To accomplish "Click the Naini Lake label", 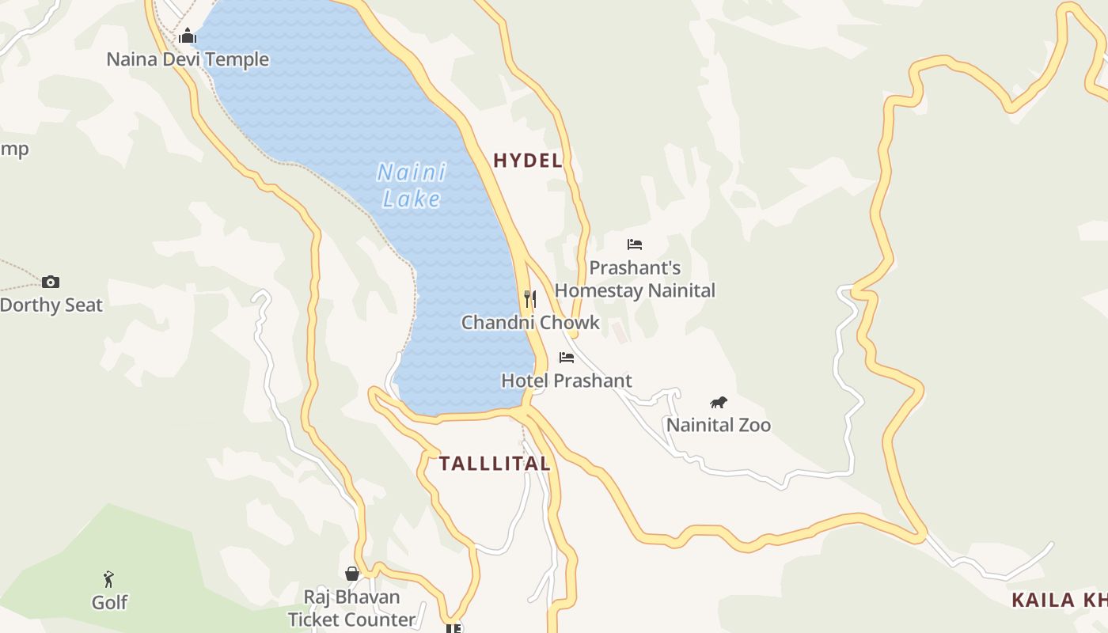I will pos(412,185).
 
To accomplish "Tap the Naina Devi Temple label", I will pos(188,59).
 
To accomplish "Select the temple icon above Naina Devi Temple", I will pos(188,36).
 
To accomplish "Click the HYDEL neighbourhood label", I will pos(527,161).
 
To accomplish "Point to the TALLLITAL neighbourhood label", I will pos(495,464).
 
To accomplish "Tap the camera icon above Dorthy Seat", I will pos(51,282).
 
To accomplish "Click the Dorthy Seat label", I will pos(51,305).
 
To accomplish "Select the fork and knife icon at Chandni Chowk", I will pos(530,299).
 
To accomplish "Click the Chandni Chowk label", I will pos(530,323).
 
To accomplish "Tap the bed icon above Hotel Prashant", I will pos(567,358).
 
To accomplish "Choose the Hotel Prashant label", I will pos(567,381).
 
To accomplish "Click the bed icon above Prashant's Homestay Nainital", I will pos(635,244).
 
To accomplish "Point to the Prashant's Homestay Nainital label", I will pos(635,279).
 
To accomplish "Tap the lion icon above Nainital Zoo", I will pos(719,402).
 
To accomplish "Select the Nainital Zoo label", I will pos(719,425).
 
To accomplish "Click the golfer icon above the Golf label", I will pos(109,579).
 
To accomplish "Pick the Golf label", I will pos(109,602).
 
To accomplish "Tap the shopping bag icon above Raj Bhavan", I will pos(352,574).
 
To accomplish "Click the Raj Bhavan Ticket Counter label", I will pos(351,608).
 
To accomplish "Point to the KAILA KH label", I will pos(1059,600).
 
